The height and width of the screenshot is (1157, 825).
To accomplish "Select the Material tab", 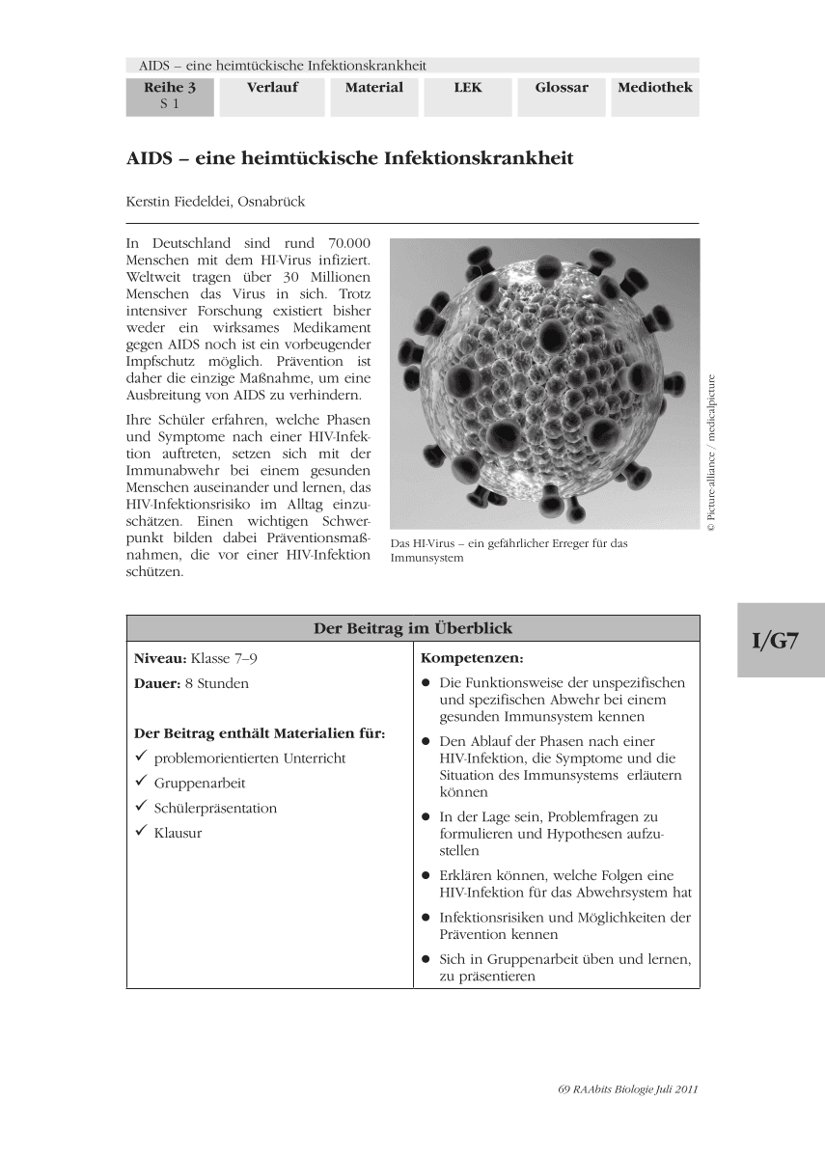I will coord(373,88).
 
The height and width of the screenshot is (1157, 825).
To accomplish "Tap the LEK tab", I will coord(468,88).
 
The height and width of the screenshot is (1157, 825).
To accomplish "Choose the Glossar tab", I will coord(562,88).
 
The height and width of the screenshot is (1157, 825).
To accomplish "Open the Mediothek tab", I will coord(655,88).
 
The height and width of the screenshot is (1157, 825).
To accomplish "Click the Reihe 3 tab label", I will coord(170,88).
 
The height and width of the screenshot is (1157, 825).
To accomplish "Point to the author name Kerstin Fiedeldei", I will coord(215,202).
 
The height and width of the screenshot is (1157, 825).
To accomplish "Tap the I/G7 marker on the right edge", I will coord(780,641).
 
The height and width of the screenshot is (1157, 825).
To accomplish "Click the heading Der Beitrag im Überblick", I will coord(413,628).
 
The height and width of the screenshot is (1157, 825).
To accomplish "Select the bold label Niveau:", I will coord(160,658).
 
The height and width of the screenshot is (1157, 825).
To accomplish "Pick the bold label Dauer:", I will coord(158,683).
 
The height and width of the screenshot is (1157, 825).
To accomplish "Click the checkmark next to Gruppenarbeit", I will coord(141,782).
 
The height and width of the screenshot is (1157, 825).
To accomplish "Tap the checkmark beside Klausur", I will coord(141,832).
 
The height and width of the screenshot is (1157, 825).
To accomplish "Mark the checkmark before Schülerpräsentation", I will coord(141,807).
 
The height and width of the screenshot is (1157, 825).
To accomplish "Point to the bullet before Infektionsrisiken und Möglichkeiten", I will coord(426,917).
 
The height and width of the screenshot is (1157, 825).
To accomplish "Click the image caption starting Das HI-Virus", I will coord(509,550).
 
